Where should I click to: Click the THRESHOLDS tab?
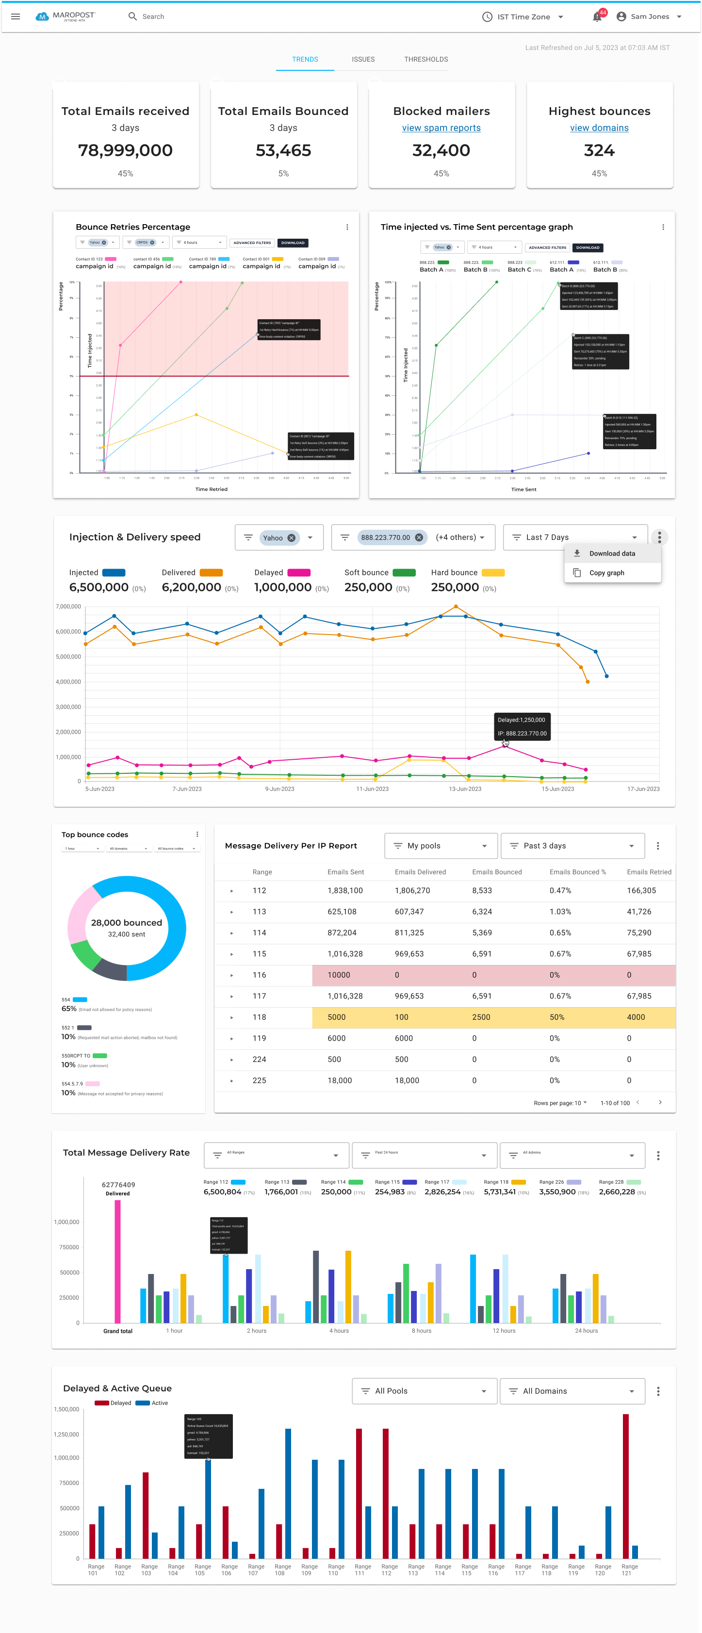click(425, 59)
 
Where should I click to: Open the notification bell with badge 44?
click(597, 17)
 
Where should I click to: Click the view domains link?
click(599, 128)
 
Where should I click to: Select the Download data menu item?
click(611, 554)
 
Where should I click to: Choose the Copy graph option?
click(606, 572)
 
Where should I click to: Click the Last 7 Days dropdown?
click(574, 538)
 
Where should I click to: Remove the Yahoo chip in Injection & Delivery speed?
click(291, 538)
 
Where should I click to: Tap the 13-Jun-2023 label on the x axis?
click(465, 789)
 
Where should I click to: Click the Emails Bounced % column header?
click(577, 872)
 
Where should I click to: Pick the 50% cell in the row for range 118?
click(557, 1017)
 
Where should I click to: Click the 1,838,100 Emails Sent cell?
click(345, 890)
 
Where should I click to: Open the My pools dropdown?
click(440, 846)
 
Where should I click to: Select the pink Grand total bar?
click(117, 1261)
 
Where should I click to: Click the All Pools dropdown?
click(424, 1391)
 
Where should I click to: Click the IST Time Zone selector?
click(522, 17)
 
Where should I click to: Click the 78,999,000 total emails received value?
click(125, 150)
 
